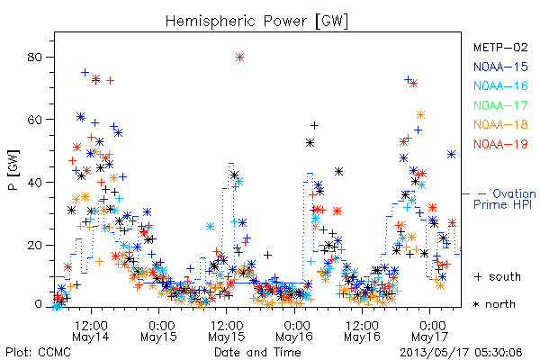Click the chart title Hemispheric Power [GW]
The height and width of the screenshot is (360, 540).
click(x=256, y=22)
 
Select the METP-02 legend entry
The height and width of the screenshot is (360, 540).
click(x=500, y=47)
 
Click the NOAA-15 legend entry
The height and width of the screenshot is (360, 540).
click(x=500, y=67)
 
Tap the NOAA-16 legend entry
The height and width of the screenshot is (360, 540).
click(x=500, y=85)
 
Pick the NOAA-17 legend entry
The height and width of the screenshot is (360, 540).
click(x=500, y=105)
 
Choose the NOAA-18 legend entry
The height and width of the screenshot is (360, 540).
click(x=500, y=124)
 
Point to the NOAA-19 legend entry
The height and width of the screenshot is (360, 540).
click(x=500, y=144)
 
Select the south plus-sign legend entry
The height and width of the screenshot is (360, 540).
click(x=498, y=276)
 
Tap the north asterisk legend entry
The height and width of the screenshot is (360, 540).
click(x=494, y=304)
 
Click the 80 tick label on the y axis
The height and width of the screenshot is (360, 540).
click(x=34, y=58)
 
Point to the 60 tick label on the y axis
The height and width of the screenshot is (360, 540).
click(x=34, y=120)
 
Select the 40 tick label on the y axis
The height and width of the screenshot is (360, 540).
click(x=34, y=182)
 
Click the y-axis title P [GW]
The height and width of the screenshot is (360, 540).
click(x=14, y=170)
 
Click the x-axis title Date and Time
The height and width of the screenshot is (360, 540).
click(x=257, y=353)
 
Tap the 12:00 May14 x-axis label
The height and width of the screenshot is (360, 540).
click(x=91, y=331)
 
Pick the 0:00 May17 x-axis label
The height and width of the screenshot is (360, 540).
click(x=430, y=331)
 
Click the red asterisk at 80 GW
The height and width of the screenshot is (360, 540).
click(x=239, y=58)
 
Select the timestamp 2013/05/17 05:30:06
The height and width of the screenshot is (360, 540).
click(x=461, y=353)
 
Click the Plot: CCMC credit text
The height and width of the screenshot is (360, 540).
click(x=38, y=353)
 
